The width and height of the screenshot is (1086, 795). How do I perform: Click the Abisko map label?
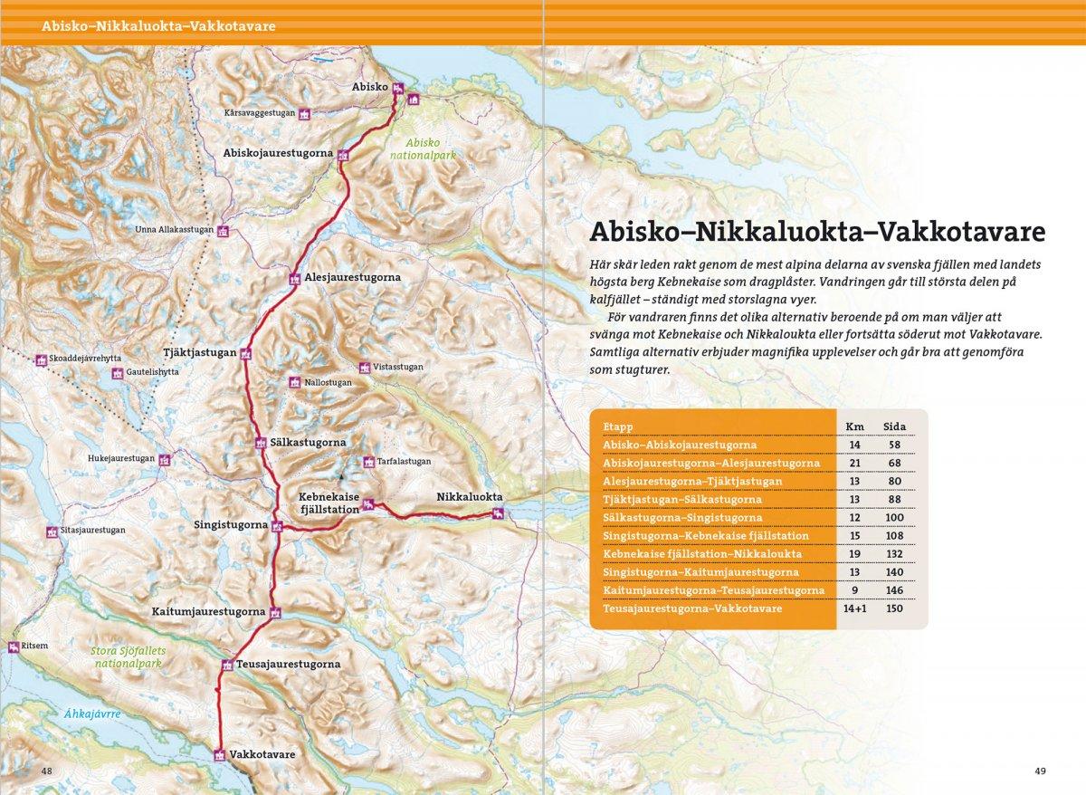click(369, 87)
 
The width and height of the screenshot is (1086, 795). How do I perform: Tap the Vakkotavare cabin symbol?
click(219, 754)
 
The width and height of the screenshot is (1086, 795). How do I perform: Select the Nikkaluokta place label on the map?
click(468, 498)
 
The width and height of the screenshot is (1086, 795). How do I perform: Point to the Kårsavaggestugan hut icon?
click(305, 113)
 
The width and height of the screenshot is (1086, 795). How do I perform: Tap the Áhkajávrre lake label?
click(92, 714)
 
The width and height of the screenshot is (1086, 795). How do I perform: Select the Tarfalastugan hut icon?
click(367, 462)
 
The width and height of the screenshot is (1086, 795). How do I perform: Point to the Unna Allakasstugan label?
click(174, 230)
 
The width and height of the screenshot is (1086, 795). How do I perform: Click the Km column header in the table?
click(853, 426)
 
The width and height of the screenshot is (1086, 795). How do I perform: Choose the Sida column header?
click(892, 426)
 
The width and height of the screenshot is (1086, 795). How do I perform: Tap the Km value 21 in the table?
click(853, 463)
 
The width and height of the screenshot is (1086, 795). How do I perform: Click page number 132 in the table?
click(892, 552)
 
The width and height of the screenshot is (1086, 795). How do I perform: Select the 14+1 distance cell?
click(853, 608)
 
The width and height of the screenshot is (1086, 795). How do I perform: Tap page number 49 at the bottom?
click(1040, 771)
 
